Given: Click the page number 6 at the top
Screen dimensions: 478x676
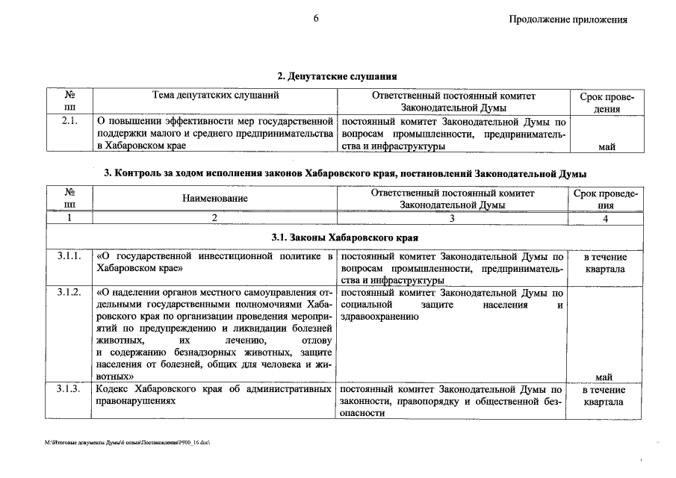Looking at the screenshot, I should [316, 19].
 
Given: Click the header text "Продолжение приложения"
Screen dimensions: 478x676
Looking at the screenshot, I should [568, 20].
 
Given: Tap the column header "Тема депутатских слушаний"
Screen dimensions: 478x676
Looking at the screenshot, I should [215, 96].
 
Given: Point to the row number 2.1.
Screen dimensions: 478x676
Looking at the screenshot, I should [69, 120].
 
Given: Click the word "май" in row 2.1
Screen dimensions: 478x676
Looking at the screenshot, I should [606, 146].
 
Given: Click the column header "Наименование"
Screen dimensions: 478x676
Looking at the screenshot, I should [214, 199].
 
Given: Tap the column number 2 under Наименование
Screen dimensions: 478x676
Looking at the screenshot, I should [214, 218].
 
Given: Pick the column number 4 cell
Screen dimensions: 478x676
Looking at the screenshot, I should [606, 218].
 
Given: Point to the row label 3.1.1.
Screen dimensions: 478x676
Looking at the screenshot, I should [69, 257].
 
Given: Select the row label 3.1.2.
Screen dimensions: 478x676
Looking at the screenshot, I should [69, 292].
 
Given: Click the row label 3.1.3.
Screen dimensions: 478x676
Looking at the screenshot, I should [69, 390].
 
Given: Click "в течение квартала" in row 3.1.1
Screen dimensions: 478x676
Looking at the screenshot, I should [605, 263].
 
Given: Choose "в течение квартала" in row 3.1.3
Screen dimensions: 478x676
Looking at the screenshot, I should [605, 396].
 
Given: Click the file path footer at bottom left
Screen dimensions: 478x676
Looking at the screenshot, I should [128, 443].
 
